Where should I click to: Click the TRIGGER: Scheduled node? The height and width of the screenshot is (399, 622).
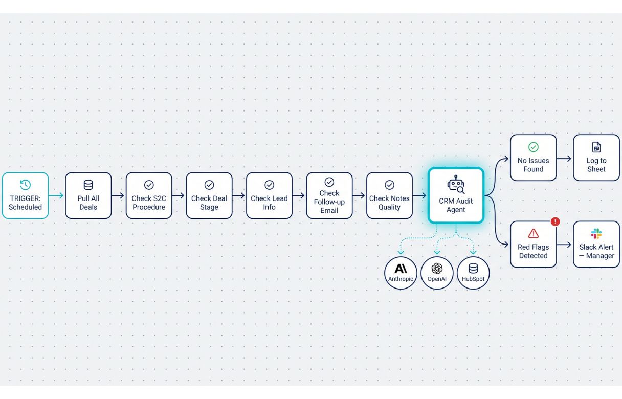tap(25, 195)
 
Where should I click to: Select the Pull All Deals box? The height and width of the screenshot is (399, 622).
tap(88, 195)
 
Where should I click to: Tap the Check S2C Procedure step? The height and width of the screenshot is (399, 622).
tap(149, 195)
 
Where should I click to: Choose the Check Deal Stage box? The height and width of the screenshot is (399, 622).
tap(209, 195)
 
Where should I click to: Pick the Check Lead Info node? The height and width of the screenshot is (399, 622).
tap(270, 195)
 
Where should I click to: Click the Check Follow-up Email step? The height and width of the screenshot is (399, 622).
tap(329, 195)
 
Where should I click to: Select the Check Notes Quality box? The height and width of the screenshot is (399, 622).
tap(389, 195)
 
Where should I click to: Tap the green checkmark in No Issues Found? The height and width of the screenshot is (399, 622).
tap(534, 147)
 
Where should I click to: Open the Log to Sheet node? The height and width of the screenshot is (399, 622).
tap(596, 158)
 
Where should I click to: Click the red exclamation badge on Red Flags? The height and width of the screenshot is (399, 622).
tap(556, 221)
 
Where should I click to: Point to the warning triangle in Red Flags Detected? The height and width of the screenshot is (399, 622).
tap(534, 233)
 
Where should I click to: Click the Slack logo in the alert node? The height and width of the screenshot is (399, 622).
tap(596, 233)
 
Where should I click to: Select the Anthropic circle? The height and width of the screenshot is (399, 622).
tap(401, 273)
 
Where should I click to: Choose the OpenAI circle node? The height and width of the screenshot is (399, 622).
tap(437, 273)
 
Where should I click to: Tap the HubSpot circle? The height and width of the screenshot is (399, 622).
tap(473, 273)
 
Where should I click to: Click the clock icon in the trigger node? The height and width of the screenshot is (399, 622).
tap(25, 185)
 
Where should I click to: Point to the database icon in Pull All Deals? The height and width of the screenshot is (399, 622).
tap(88, 185)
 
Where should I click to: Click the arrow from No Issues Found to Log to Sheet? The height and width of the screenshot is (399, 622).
tap(564, 159)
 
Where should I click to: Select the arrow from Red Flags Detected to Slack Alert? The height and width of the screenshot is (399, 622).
tap(564, 245)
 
